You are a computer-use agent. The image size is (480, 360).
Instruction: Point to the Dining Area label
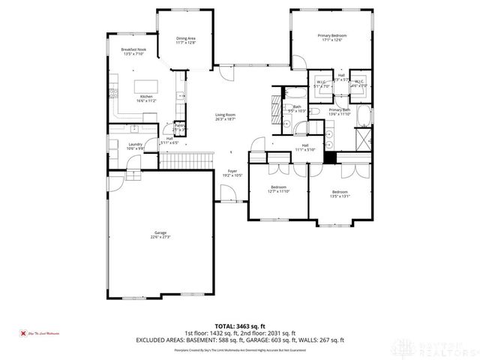point(186,40)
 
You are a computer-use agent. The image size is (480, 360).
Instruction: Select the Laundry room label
point(136,146)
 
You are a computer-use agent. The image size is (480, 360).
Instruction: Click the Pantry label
point(179,127)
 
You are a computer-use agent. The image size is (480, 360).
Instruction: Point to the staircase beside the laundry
point(184,160)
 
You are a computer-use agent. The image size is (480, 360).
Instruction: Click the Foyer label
point(232,173)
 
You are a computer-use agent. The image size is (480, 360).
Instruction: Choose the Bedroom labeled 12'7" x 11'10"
point(278,189)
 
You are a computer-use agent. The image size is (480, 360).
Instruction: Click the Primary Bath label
point(340,112)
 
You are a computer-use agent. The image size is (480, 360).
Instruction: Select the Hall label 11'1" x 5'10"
point(305,147)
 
